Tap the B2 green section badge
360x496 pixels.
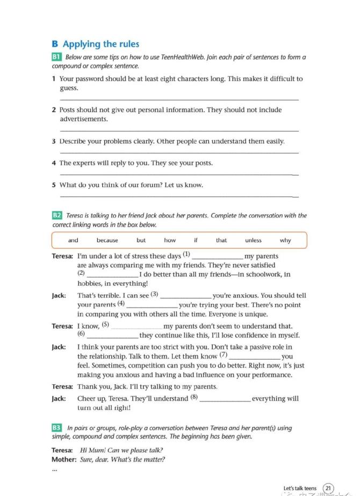pyautogui.click(x=57, y=215)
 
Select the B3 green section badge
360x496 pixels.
pyautogui.click(x=57, y=428)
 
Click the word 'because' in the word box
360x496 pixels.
pyautogui.click(x=107, y=240)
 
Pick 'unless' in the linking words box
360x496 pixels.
pyautogui.click(x=253, y=240)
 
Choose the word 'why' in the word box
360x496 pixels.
pyautogui.click(x=285, y=240)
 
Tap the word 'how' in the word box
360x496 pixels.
pyautogui.click(x=170, y=240)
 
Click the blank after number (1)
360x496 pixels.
pyautogui.click(x=217, y=257)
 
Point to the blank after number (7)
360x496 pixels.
pyautogui.click(x=255, y=357)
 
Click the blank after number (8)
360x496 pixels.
pyautogui.click(x=225, y=399)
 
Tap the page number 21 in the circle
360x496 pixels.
pyautogui.click(x=328, y=488)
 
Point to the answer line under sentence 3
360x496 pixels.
pyautogui.click(x=179, y=153)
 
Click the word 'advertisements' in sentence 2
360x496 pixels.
pyautogui.click(x=83, y=119)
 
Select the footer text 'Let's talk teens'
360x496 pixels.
pyautogui.click(x=300, y=488)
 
